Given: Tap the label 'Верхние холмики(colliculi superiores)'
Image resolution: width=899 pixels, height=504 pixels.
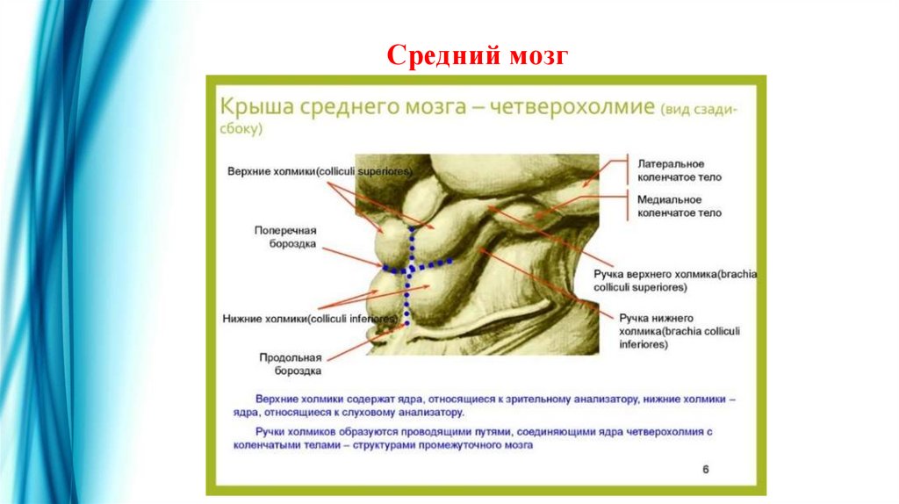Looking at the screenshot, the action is pos(319,169).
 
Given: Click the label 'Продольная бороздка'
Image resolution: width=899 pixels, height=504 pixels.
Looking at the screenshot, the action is pos(290,364).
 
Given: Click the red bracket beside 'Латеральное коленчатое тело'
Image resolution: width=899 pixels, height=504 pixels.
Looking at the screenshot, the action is pos(628,169).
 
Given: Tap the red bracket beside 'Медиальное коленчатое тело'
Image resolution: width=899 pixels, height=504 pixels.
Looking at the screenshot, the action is pos(627,206).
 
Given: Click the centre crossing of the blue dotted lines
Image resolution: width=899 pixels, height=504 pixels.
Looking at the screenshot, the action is pos(410,267).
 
